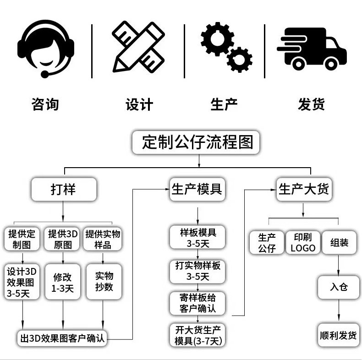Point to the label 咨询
tap(45, 104)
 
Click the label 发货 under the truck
tap(311, 104)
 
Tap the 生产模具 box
tap(197, 189)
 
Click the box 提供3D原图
tap(63, 239)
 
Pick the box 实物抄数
tap(104, 282)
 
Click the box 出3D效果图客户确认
tap(62, 338)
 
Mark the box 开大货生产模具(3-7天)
tap(197, 335)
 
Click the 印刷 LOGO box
tap(303, 242)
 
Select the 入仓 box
tap(339, 287)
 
